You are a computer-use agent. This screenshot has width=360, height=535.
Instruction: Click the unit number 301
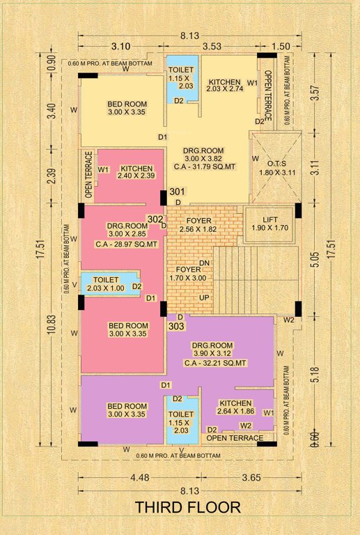click(x=176, y=192)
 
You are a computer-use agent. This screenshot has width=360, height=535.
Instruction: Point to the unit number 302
click(x=154, y=219)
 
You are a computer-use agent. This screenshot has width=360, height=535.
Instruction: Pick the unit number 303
click(x=176, y=325)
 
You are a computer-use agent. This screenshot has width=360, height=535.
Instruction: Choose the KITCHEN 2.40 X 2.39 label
click(x=132, y=173)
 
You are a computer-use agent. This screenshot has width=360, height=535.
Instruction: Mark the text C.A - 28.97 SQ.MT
click(x=123, y=245)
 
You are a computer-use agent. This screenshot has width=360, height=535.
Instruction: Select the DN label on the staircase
click(x=204, y=263)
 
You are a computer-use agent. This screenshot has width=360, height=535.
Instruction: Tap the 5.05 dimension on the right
click(x=315, y=259)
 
